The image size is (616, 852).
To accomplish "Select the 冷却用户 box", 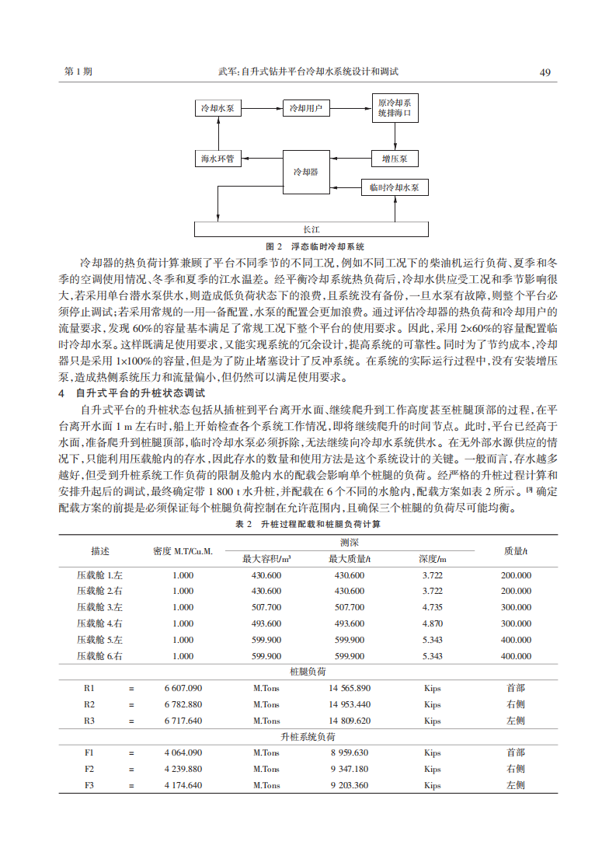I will pos(305,108).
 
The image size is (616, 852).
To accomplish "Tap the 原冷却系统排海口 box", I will pos(394,108).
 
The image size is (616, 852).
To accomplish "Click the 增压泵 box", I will pos(394,159).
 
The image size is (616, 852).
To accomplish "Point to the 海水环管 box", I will pos(218,159).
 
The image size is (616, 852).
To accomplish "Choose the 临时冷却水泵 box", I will pos(394,187).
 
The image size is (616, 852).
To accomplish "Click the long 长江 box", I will pos(311,229).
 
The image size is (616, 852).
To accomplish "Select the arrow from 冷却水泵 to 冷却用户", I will pos(263,108).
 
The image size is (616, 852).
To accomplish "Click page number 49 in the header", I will pos(545,72).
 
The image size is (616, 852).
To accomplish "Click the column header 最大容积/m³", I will pos(266,559).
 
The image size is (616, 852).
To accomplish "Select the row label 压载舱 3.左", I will pos(99,607).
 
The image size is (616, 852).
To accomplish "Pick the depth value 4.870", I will pos(432,623).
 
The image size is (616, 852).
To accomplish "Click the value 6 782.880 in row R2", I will pos(183,704).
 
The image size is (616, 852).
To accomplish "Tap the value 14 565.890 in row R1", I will pos(350,688).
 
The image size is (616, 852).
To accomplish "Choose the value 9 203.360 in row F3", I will pos(350,785).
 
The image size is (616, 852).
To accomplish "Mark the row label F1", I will pos(89,752).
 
